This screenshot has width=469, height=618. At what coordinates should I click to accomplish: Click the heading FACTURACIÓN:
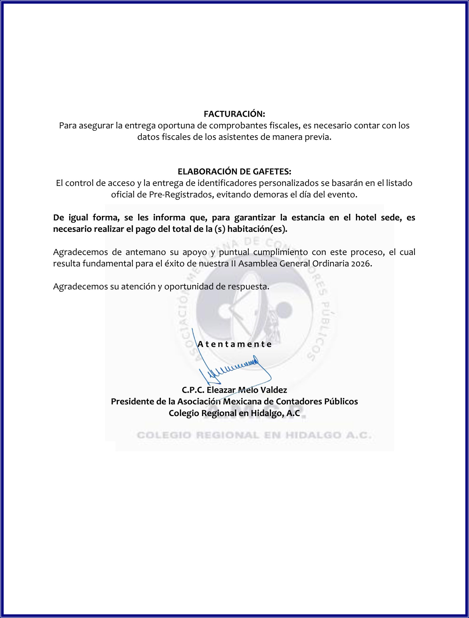[234, 114]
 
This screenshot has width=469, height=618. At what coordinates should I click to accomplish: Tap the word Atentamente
[234, 344]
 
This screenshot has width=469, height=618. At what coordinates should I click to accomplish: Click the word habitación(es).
[258, 229]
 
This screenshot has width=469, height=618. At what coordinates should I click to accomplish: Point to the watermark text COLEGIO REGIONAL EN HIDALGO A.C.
[254, 435]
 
